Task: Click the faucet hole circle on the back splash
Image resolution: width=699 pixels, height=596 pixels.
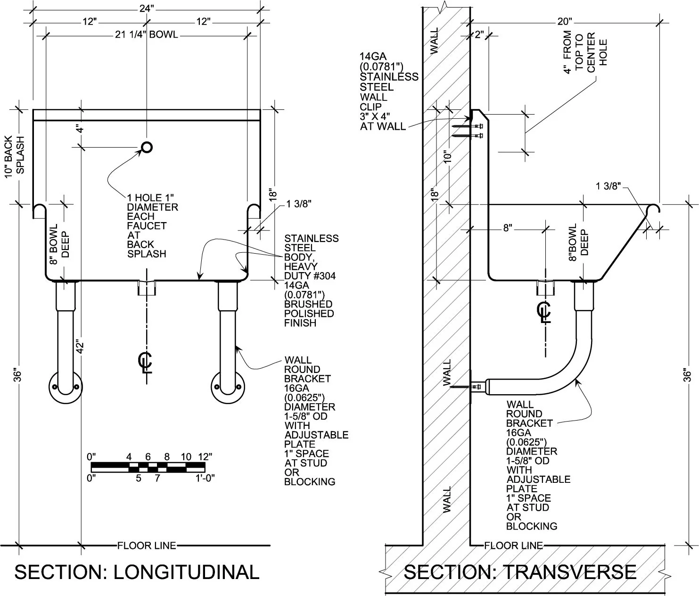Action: coord(147,142)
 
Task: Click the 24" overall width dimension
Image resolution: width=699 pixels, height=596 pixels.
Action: coord(147,8)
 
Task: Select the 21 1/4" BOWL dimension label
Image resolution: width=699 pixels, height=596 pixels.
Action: coord(147,34)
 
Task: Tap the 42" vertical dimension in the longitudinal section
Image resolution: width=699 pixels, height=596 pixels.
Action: coord(80,347)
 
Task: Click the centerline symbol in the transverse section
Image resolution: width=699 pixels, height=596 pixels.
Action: coord(544,312)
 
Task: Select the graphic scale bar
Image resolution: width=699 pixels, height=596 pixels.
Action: coord(148,467)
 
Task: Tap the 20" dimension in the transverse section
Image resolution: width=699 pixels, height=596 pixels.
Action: coord(564,22)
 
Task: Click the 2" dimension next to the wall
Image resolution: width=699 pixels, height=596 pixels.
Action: coord(479,34)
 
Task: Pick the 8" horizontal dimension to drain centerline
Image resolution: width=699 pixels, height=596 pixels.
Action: coord(508,228)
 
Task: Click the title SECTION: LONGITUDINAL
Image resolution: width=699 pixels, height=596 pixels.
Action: coord(137,571)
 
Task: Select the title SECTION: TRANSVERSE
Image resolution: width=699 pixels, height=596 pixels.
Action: coord(520,571)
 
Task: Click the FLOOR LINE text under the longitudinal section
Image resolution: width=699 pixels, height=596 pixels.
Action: coord(147,546)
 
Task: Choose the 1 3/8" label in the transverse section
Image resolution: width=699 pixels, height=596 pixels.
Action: coord(608,186)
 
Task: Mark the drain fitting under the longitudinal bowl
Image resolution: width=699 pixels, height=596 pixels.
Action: coord(147,288)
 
